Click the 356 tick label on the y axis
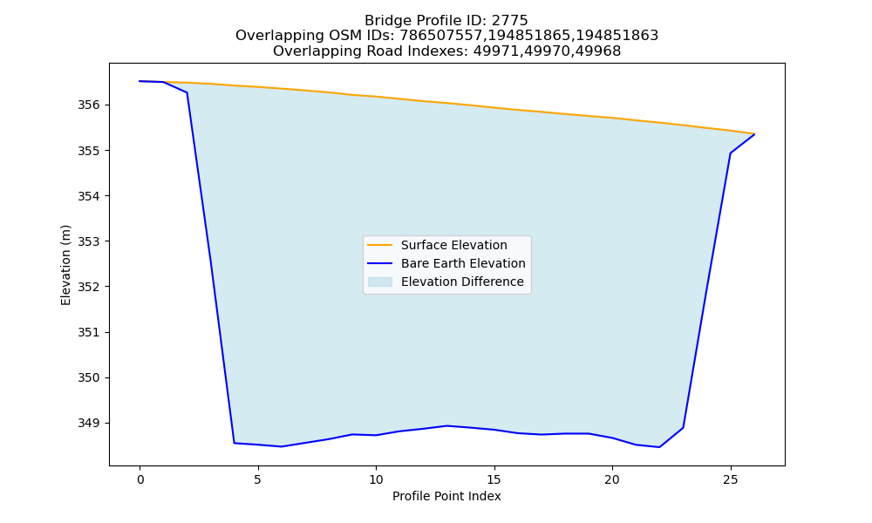(x=89, y=105)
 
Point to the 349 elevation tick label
(x=89, y=423)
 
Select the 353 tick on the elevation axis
(x=89, y=241)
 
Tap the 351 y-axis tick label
(x=89, y=332)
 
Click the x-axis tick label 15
(x=494, y=479)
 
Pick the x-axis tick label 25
(x=730, y=479)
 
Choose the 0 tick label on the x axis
(x=140, y=479)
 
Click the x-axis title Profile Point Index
(x=446, y=496)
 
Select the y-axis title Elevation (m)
(x=65, y=265)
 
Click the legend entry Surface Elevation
(x=453, y=245)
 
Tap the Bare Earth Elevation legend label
(x=463, y=263)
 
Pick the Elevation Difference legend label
(x=462, y=282)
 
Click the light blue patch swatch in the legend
(x=380, y=282)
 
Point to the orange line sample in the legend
(x=380, y=245)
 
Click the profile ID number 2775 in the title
(x=509, y=21)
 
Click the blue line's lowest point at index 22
(x=659, y=447)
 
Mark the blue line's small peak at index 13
(x=447, y=425)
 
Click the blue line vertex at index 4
(x=234, y=443)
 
